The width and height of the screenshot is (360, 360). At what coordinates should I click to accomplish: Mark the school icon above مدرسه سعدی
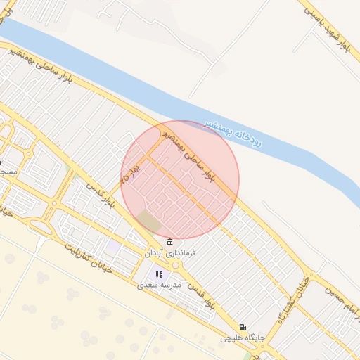[x=160, y=275]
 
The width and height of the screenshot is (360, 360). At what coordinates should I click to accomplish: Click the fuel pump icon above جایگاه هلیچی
[x=243, y=327]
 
